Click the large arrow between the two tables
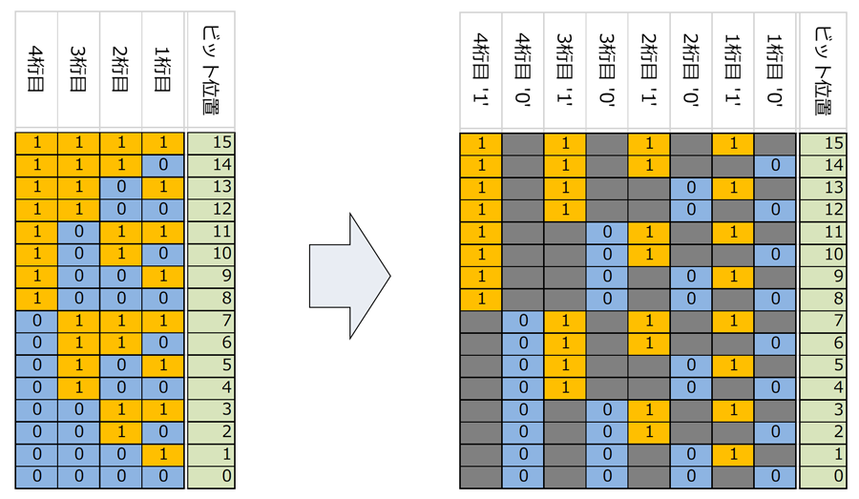point(349,276)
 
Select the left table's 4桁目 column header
point(36,70)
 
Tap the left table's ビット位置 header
point(211,70)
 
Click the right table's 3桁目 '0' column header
point(607,70)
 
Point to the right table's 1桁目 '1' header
point(733,70)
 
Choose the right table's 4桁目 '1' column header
point(480,70)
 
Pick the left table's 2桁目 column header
point(120,70)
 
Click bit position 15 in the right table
point(823,143)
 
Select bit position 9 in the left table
point(211,276)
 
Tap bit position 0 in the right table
point(823,476)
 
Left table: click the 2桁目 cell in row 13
point(120,187)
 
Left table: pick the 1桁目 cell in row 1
point(162,454)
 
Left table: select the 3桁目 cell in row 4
point(78,387)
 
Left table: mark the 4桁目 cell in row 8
point(36,299)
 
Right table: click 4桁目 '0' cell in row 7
point(523,321)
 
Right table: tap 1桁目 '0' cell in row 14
point(775,165)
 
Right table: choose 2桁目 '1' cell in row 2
point(649,432)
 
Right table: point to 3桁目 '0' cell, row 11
point(607,232)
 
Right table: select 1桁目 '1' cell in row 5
point(733,365)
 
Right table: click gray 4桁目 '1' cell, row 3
point(480,409)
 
